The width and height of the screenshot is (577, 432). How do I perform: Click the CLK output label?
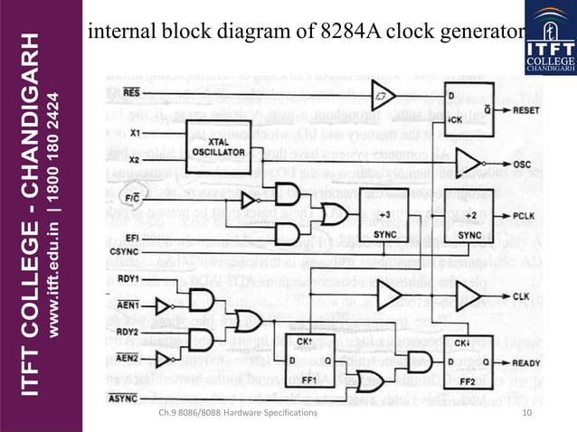coord(522,296)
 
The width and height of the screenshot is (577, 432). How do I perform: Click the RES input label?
coord(131,92)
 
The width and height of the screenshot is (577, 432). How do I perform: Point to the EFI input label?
coord(133,236)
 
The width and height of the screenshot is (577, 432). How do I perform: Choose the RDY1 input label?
coord(128,279)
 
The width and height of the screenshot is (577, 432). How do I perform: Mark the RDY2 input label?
coord(128,332)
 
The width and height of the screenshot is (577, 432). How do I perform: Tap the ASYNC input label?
coord(125,398)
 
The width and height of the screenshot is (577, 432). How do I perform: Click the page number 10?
coord(529,413)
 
